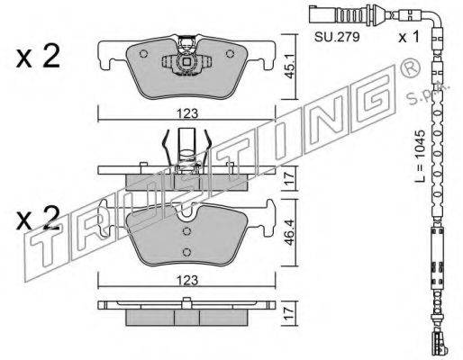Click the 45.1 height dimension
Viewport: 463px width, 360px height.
pyautogui.click(x=290, y=67)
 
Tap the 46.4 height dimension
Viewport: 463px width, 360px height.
pyautogui.click(x=290, y=233)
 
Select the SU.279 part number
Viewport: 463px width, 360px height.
pyautogui.click(x=337, y=37)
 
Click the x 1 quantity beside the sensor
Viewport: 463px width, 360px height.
pyautogui.click(x=408, y=37)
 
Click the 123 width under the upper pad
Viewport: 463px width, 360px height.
pyautogui.click(x=187, y=113)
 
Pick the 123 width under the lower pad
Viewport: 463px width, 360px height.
pyautogui.click(x=187, y=280)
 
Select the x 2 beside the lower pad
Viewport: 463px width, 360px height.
pyautogui.click(x=38, y=218)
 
